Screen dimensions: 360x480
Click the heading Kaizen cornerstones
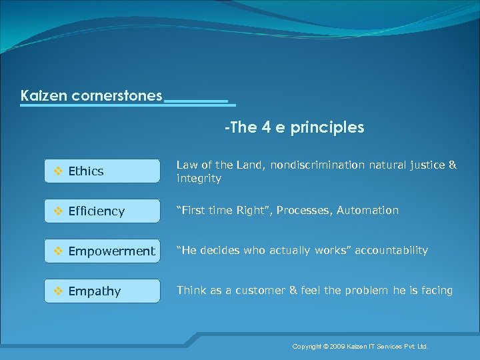click(91, 96)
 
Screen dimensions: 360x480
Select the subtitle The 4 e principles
click(295, 127)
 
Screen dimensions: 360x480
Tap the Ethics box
click(102, 171)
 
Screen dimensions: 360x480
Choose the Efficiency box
click(102, 211)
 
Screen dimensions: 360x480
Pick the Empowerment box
click(102, 251)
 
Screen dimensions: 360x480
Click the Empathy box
click(102, 291)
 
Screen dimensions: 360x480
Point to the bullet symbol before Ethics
click(57, 171)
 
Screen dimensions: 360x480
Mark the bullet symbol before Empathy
click(57, 291)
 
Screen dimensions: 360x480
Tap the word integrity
click(199, 179)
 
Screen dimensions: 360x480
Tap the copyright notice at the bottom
click(360, 347)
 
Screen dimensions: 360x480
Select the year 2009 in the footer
click(337, 347)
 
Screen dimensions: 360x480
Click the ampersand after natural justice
click(453, 165)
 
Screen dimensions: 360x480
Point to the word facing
click(437, 291)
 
